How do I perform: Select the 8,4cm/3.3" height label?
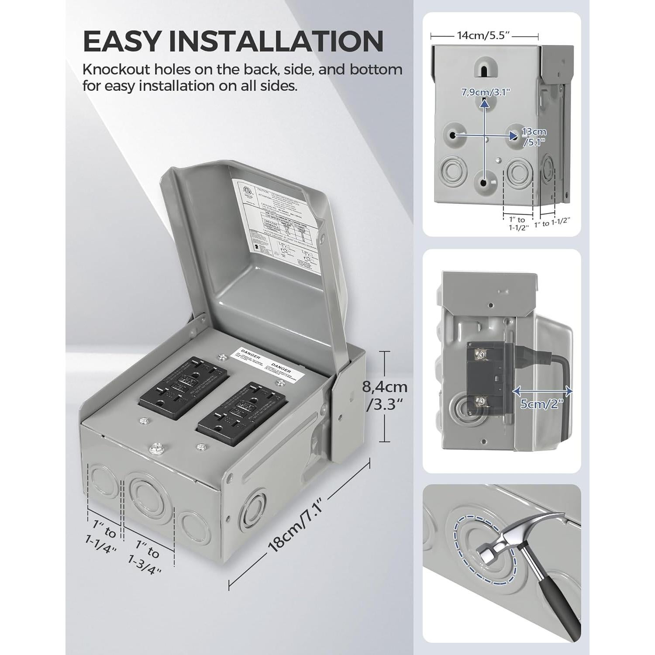pyautogui.click(x=384, y=395)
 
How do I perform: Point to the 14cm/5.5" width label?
pyautogui.click(x=484, y=35)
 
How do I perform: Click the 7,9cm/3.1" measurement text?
pyautogui.click(x=486, y=92)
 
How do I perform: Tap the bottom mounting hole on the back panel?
pyautogui.click(x=483, y=184)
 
